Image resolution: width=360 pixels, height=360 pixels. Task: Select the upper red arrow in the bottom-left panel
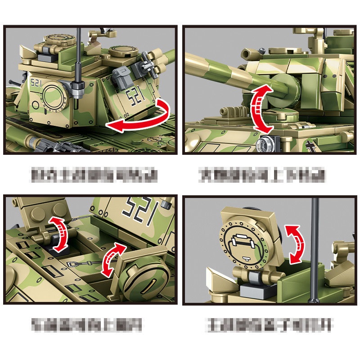(x=59, y=233)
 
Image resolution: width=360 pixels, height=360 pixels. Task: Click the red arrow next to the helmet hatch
(x=296, y=244)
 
